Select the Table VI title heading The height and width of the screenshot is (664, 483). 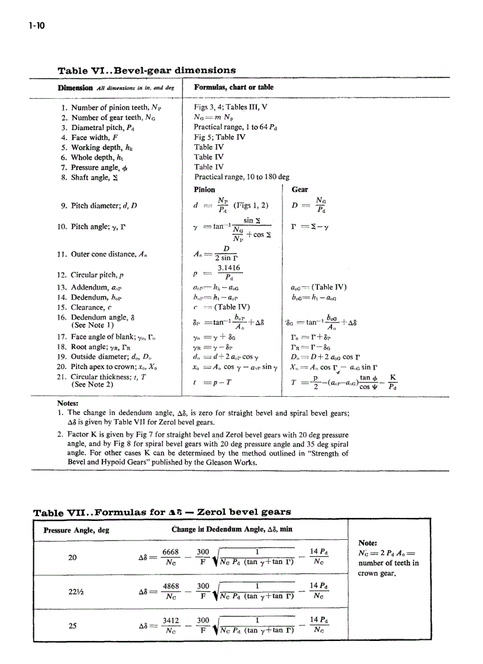click(146, 70)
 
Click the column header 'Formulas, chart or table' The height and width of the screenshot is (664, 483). click(234, 88)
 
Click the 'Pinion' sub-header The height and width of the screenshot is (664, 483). click(205, 190)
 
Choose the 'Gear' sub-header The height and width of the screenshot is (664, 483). click(300, 190)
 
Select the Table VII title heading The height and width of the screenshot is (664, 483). click(162, 511)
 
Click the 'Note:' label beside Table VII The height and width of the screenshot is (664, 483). click(369, 542)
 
